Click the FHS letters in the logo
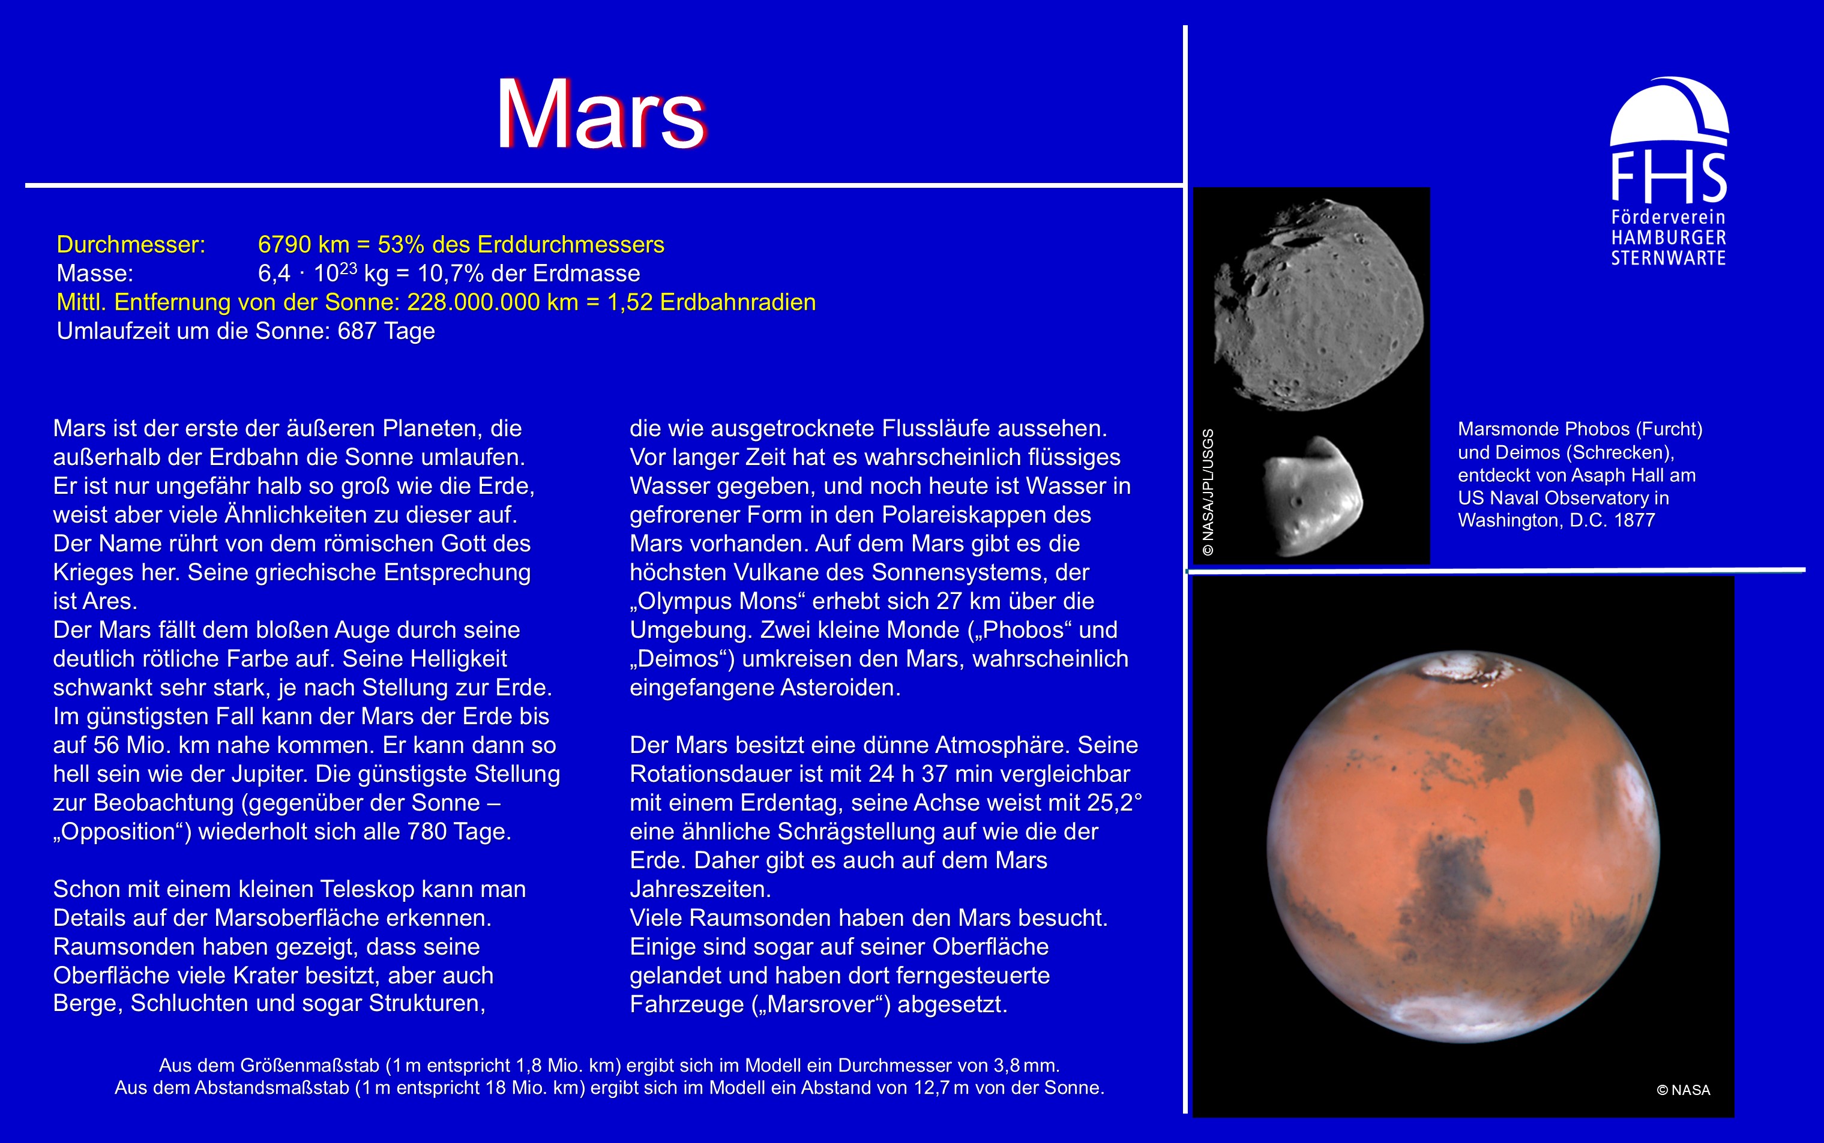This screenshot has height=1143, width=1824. point(1669,178)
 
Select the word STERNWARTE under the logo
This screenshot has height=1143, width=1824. point(1668,259)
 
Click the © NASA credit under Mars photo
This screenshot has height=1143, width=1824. point(1684,1090)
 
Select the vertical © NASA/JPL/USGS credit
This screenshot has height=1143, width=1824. point(1208,492)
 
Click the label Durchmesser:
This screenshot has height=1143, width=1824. point(131,245)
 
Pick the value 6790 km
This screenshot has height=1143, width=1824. point(303,245)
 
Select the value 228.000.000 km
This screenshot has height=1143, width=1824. point(492,302)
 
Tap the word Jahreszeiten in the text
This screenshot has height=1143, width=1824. point(700,889)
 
